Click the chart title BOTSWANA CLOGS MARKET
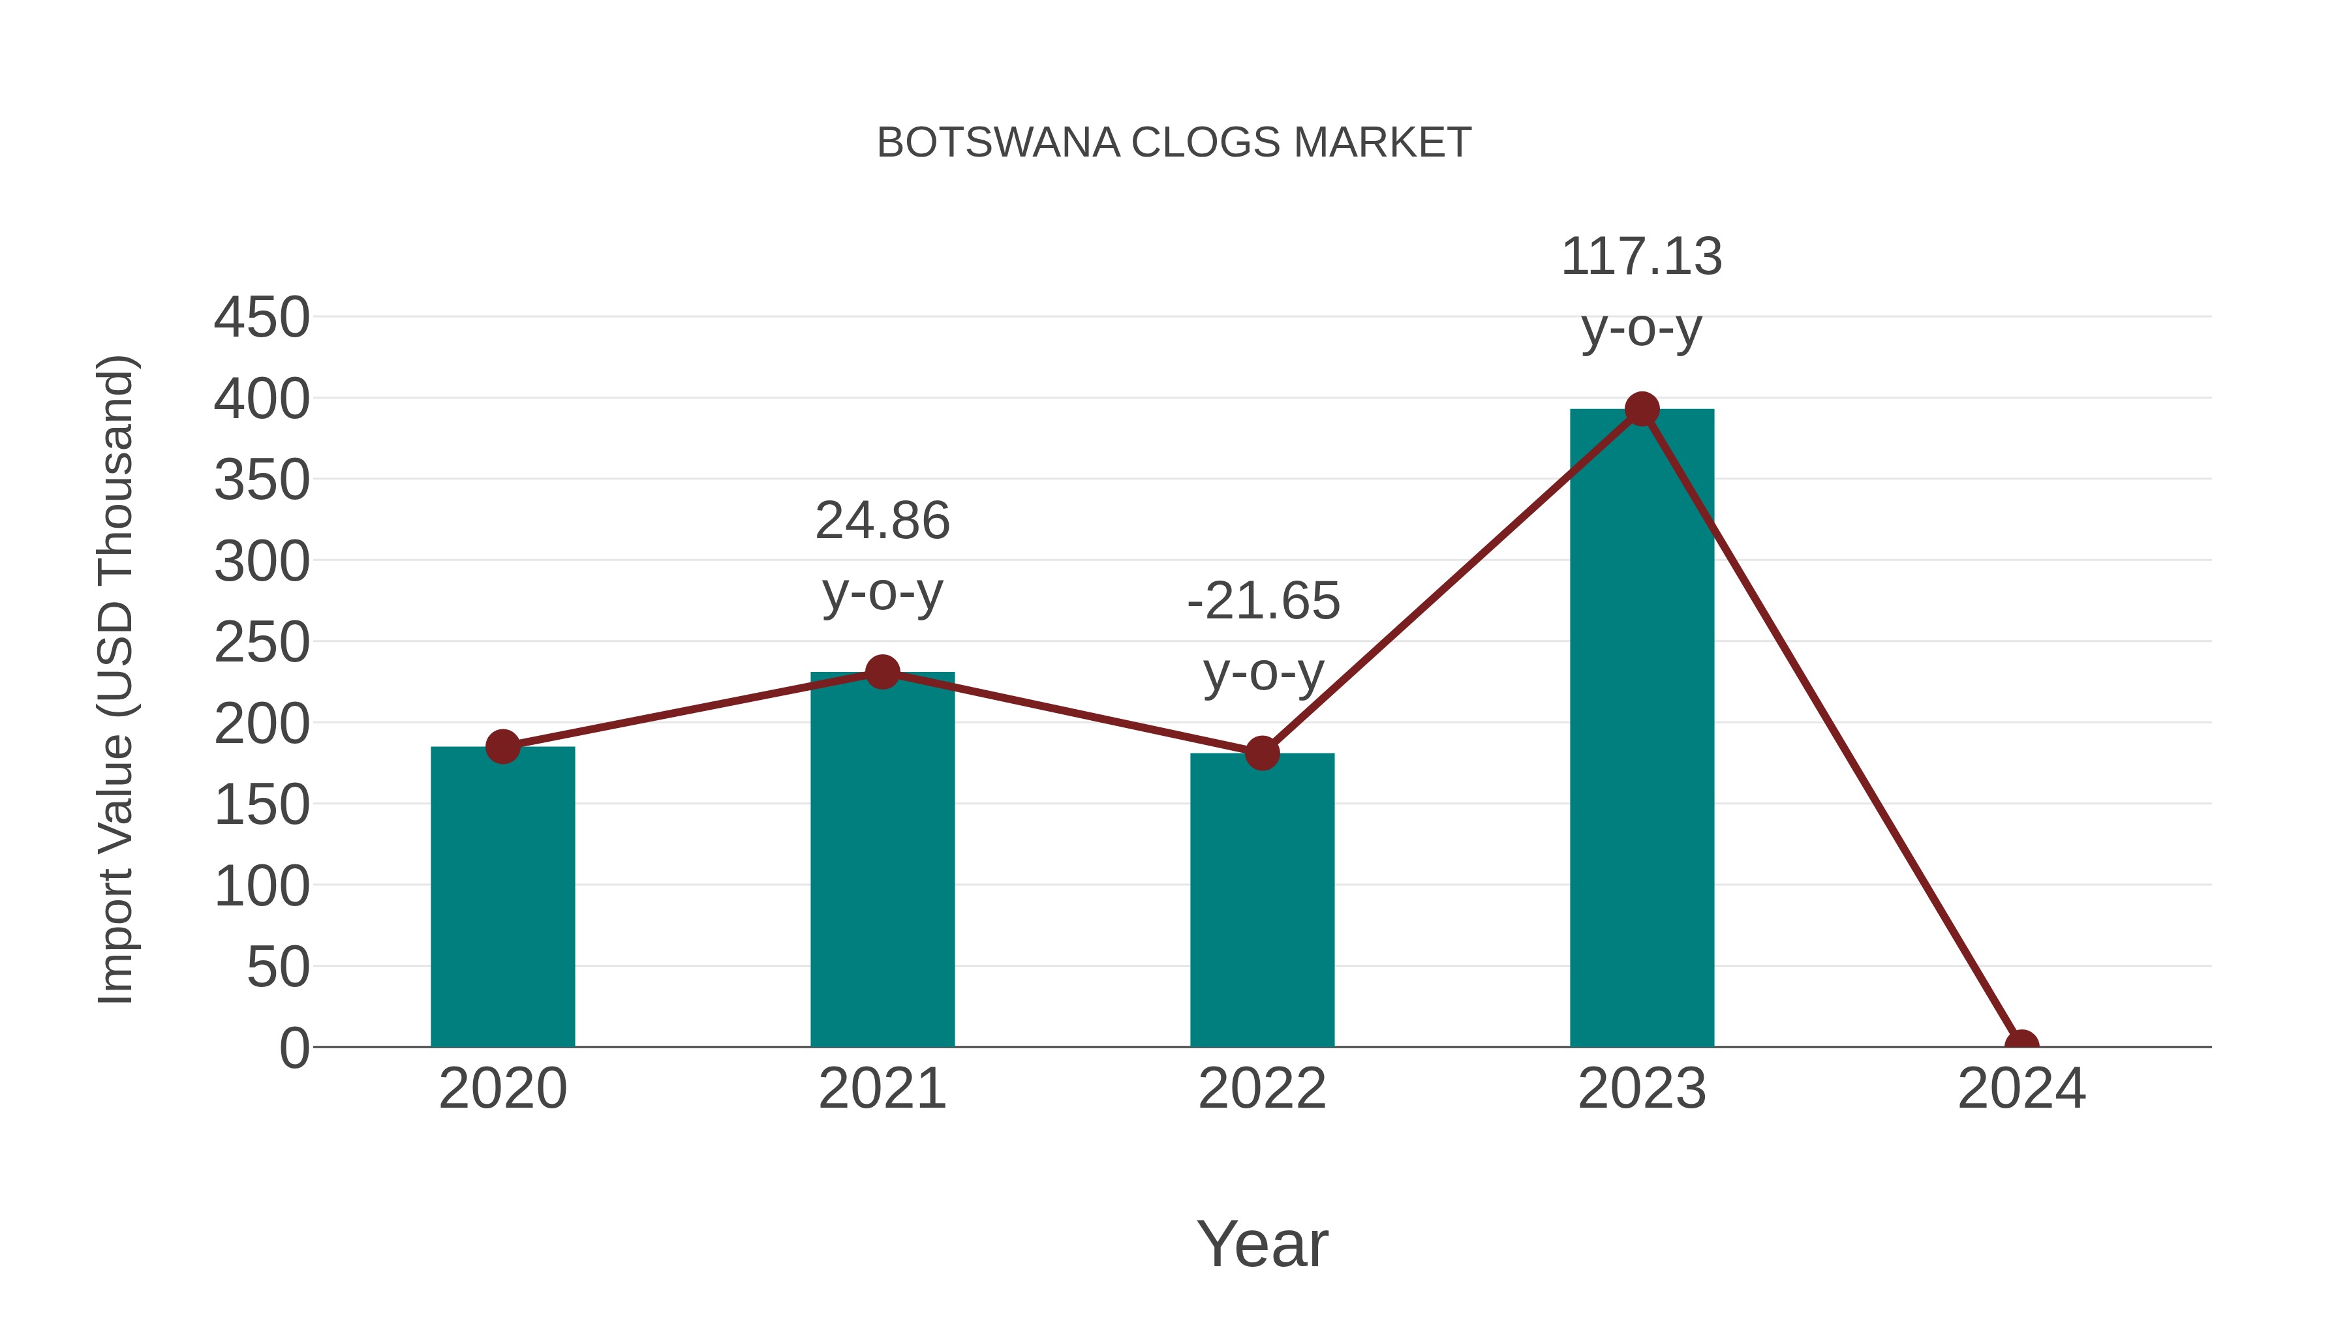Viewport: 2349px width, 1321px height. pos(1174,143)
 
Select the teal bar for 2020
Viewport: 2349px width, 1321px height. pos(502,898)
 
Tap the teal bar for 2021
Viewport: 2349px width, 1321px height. pos(882,862)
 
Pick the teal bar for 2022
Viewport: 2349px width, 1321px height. pos(1262,901)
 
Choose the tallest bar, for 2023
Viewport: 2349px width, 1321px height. pos(1642,729)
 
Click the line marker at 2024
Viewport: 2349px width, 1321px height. pos(2021,1045)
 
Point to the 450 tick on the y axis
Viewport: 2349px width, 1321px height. pos(262,318)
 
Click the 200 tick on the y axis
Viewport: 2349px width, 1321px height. pos(262,725)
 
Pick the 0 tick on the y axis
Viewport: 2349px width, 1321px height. pos(294,1048)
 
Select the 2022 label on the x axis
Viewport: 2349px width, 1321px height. pos(1262,1089)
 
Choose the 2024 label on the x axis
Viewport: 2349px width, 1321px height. pos(2021,1089)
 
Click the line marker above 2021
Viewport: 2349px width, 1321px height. pos(882,673)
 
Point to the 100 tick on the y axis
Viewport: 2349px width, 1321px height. pos(262,886)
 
